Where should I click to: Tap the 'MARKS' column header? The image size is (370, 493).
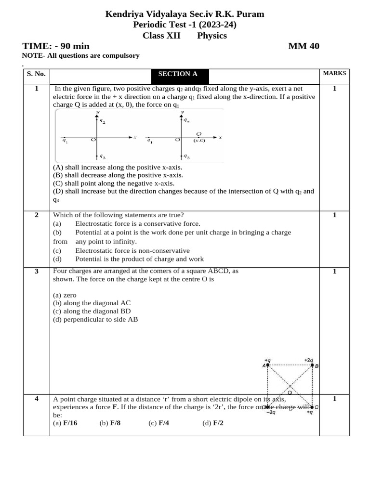pos(334,73)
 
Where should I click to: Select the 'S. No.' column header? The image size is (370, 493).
pos(36,74)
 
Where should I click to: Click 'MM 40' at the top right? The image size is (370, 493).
pos(304,46)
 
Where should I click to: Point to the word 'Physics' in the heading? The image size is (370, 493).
pos(212,36)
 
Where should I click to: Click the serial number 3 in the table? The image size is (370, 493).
pos(37,272)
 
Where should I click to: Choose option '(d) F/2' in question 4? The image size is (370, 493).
pos(213,423)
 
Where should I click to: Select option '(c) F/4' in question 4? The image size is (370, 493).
pos(160,423)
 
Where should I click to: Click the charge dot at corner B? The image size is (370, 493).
pos(312,365)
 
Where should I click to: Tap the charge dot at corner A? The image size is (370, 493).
pos(268,365)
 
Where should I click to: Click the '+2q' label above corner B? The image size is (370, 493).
pos(308,360)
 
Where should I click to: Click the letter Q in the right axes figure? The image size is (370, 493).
pos(198,134)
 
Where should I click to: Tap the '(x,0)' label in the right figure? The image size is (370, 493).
pos(199,141)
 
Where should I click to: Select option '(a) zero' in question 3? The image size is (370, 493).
pos(65,295)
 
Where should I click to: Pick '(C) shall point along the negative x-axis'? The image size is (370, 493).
pos(114,183)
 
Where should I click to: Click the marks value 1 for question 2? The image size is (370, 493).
pos(334,215)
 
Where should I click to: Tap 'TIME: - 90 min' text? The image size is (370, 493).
pos(56,46)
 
